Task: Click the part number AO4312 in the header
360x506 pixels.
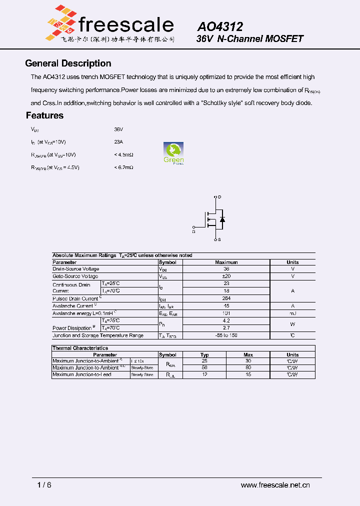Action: pyautogui.click(x=220, y=26)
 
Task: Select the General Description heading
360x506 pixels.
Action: pyautogui.click(x=68, y=63)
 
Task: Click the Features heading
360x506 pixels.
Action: pyautogui.click(x=44, y=115)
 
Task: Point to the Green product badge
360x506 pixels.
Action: pyautogui.click(x=173, y=153)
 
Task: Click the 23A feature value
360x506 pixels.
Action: pyautogui.click(x=118, y=141)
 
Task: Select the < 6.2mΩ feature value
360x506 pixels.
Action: pyautogui.click(x=123, y=167)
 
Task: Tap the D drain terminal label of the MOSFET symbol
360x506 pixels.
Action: pyautogui.click(x=219, y=197)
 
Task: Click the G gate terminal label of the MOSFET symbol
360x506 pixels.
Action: pyautogui.click(x=193, y=231)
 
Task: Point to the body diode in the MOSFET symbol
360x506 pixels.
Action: pyautogui.click(x=222, y=219)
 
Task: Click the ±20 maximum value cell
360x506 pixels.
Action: pyautogui.click(x=226, y=276)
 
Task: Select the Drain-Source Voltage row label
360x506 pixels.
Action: pyautogui.click(x=75, y=269)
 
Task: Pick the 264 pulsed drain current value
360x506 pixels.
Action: pyautogui.click(x=226, y=298)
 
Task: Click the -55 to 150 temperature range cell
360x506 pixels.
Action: pyautogui.click(x=226, y=335)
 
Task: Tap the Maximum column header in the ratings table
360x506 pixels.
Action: pyautogui.click(x=226, y=262)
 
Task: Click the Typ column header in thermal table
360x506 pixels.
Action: pyautogui.click(x=204, y=354)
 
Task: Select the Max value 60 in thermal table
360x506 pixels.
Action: pyautogui.click(x=248, y=367)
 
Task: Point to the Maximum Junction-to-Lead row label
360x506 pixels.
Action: pyautogui.click(x=82, y=374)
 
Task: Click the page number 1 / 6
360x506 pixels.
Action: pyautogui.click(x=44, y=485)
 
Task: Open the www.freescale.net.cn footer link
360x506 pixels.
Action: pyautogui.click(x=275, y=485)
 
